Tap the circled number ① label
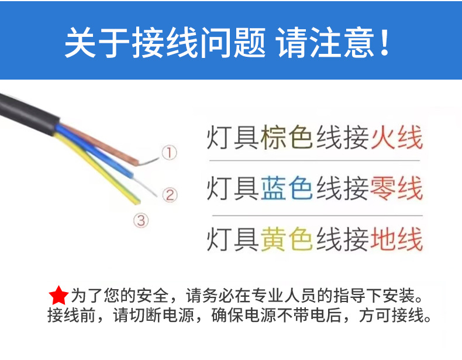(x=168, y=153)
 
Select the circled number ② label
(x=169, y=194)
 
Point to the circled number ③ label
(x=142, y=220)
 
